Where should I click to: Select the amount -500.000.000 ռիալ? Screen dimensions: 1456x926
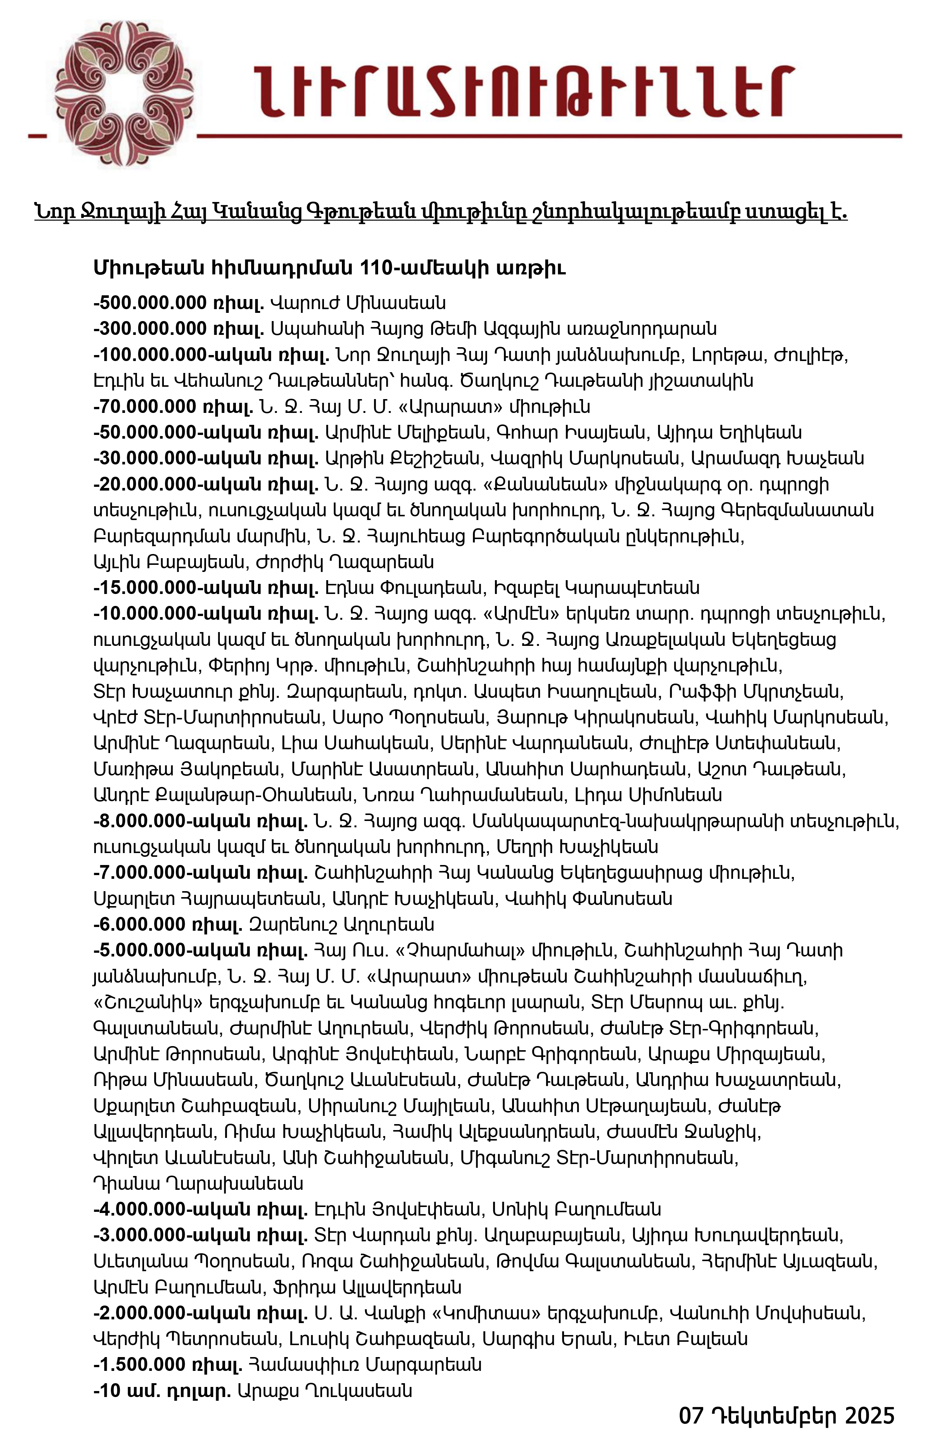[x=179, y=302]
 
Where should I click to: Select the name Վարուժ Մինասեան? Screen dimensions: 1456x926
[x=358, y=302]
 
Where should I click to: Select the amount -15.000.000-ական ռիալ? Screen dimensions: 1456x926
[x=206, y=588]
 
